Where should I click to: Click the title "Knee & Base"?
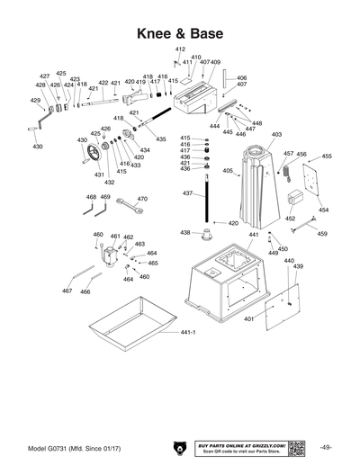coord(179,33)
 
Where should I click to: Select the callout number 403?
coord(276,134)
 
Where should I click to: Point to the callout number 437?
coord(187,194)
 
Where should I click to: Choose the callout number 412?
coord(180,49)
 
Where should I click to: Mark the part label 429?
coord(36,101)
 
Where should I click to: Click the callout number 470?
coord(142,199)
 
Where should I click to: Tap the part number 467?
coord(67,291)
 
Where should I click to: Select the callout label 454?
coord(323,210)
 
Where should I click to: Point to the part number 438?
coord(184,232)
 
